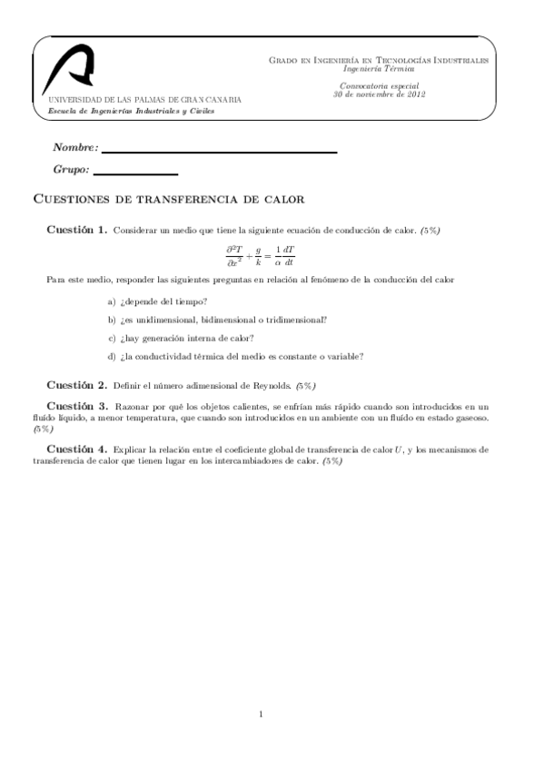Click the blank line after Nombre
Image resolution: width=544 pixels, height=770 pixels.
tap(219, 151)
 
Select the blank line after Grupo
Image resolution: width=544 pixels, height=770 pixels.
tap(135, 173)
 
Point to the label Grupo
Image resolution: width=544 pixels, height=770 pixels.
tap(71, 170)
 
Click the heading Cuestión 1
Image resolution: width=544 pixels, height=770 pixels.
tap(77, 230)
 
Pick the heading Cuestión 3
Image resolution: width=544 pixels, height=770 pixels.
tap(77, 405)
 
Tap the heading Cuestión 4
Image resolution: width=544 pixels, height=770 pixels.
tap(77, 449)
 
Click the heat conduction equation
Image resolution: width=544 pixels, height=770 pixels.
tap(261, 255)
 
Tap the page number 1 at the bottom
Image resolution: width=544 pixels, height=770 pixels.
tap(261, 714)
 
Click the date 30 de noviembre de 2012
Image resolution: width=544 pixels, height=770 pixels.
tap(380, 94)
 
